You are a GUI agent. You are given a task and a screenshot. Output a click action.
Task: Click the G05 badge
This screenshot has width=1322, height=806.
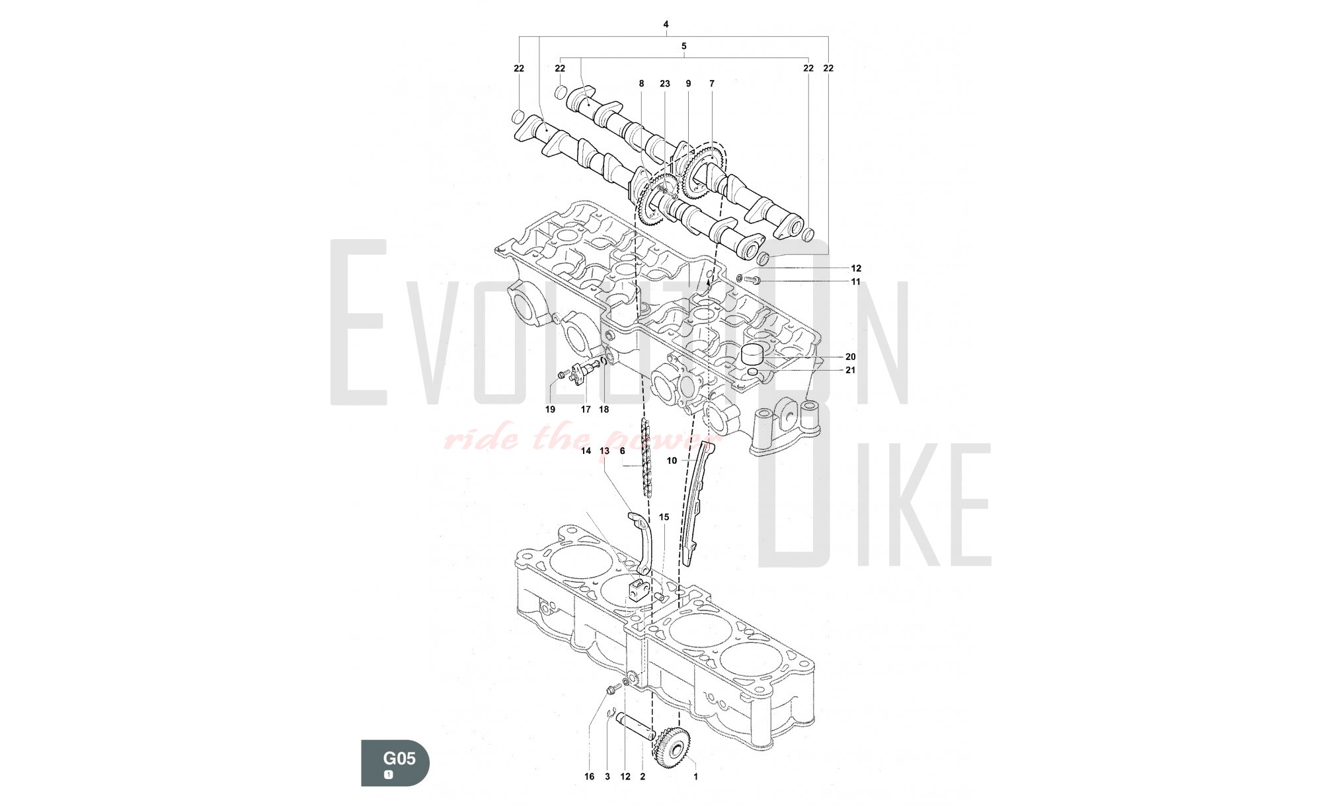395,763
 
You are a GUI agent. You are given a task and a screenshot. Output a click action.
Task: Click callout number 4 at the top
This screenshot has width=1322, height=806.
666,24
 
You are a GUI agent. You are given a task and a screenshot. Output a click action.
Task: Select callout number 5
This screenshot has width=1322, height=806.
684,46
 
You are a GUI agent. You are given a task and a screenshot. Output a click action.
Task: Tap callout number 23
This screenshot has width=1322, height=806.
665,84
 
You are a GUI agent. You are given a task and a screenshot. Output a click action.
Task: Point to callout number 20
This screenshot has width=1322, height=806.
851,357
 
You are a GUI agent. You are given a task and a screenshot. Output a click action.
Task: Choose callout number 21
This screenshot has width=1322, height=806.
851,370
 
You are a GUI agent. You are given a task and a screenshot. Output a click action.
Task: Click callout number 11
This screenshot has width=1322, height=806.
856,281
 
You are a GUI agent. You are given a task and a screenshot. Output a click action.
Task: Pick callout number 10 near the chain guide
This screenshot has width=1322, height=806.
672,460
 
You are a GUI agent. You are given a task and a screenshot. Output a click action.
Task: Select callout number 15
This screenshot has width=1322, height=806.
664,517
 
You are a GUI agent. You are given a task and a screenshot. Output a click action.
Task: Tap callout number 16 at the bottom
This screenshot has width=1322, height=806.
589,777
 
